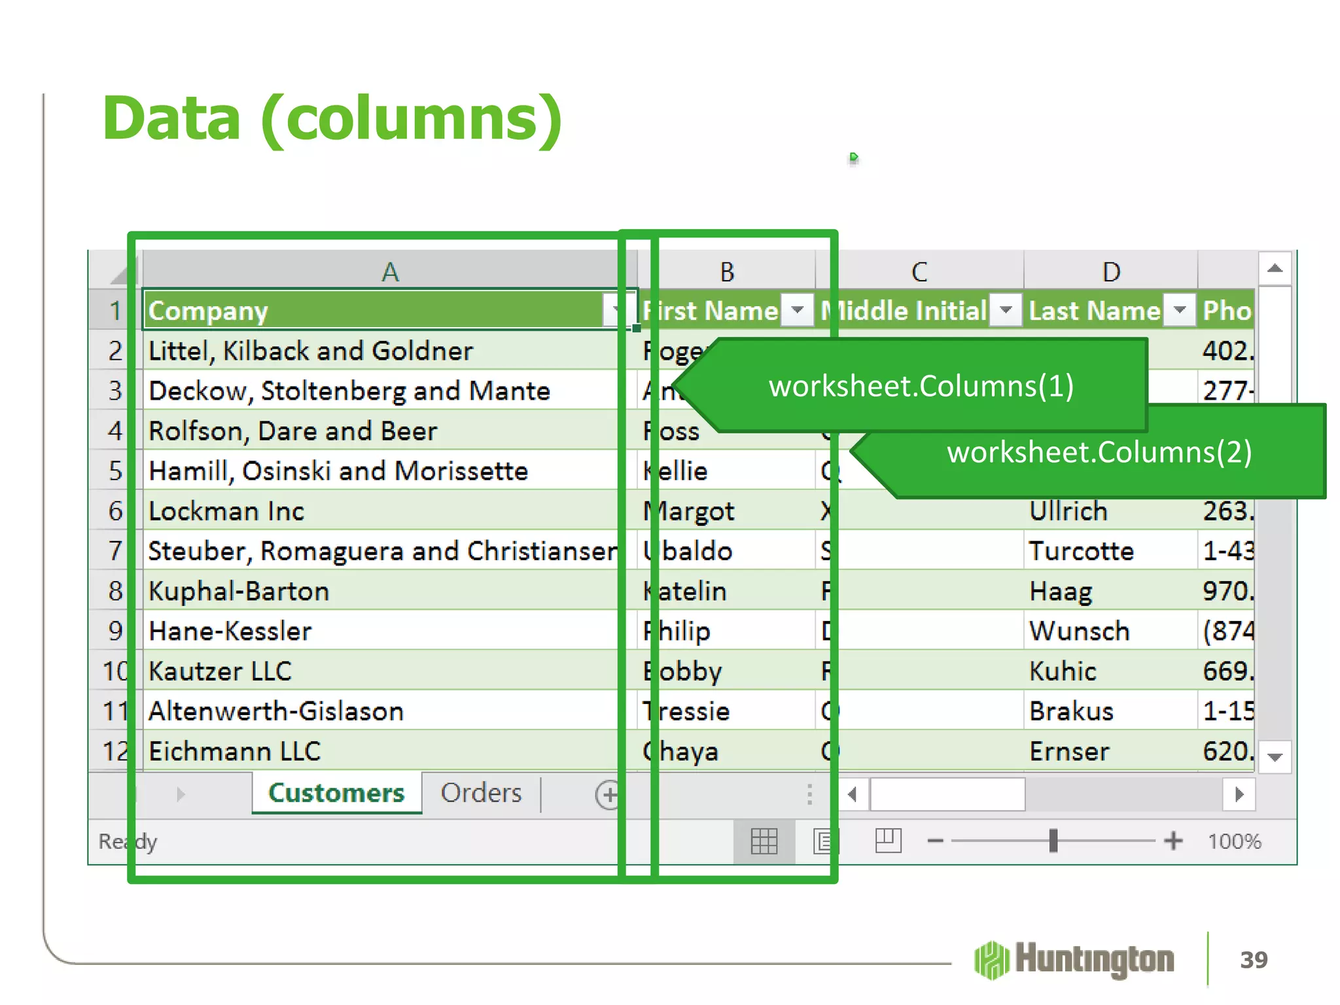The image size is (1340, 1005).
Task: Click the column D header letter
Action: tap(1110, 272)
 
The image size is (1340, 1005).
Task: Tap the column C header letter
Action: tap(919, 272)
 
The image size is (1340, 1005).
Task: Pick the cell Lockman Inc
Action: tap(226, 511)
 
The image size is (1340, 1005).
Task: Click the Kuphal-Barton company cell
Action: tap(239, 591)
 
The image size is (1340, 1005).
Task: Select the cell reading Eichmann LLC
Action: tap(234, 751)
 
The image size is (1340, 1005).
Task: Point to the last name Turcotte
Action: tap(1081, 551)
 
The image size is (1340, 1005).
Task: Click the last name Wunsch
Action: tap(1079, 631)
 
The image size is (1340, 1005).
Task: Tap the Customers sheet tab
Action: tap(336, 793)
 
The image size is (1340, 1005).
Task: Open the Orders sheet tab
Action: tap(481, 793)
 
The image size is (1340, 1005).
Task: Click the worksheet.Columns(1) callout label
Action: tap(921, 386)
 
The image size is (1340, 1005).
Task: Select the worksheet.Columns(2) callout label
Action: tap(1099, 452)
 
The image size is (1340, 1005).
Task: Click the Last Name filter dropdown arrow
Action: tap(1180, 310)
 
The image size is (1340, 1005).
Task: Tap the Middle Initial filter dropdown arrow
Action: tap(1006, 310)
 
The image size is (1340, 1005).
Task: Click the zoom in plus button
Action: tap(1173, 841)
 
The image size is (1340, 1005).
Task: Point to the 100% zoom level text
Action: tap(1234, 841)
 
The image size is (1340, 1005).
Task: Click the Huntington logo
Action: tap(1074, 960)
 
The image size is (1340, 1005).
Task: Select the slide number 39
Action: tap(1254, 960)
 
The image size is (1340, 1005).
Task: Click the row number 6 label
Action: tap(115, 511)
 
